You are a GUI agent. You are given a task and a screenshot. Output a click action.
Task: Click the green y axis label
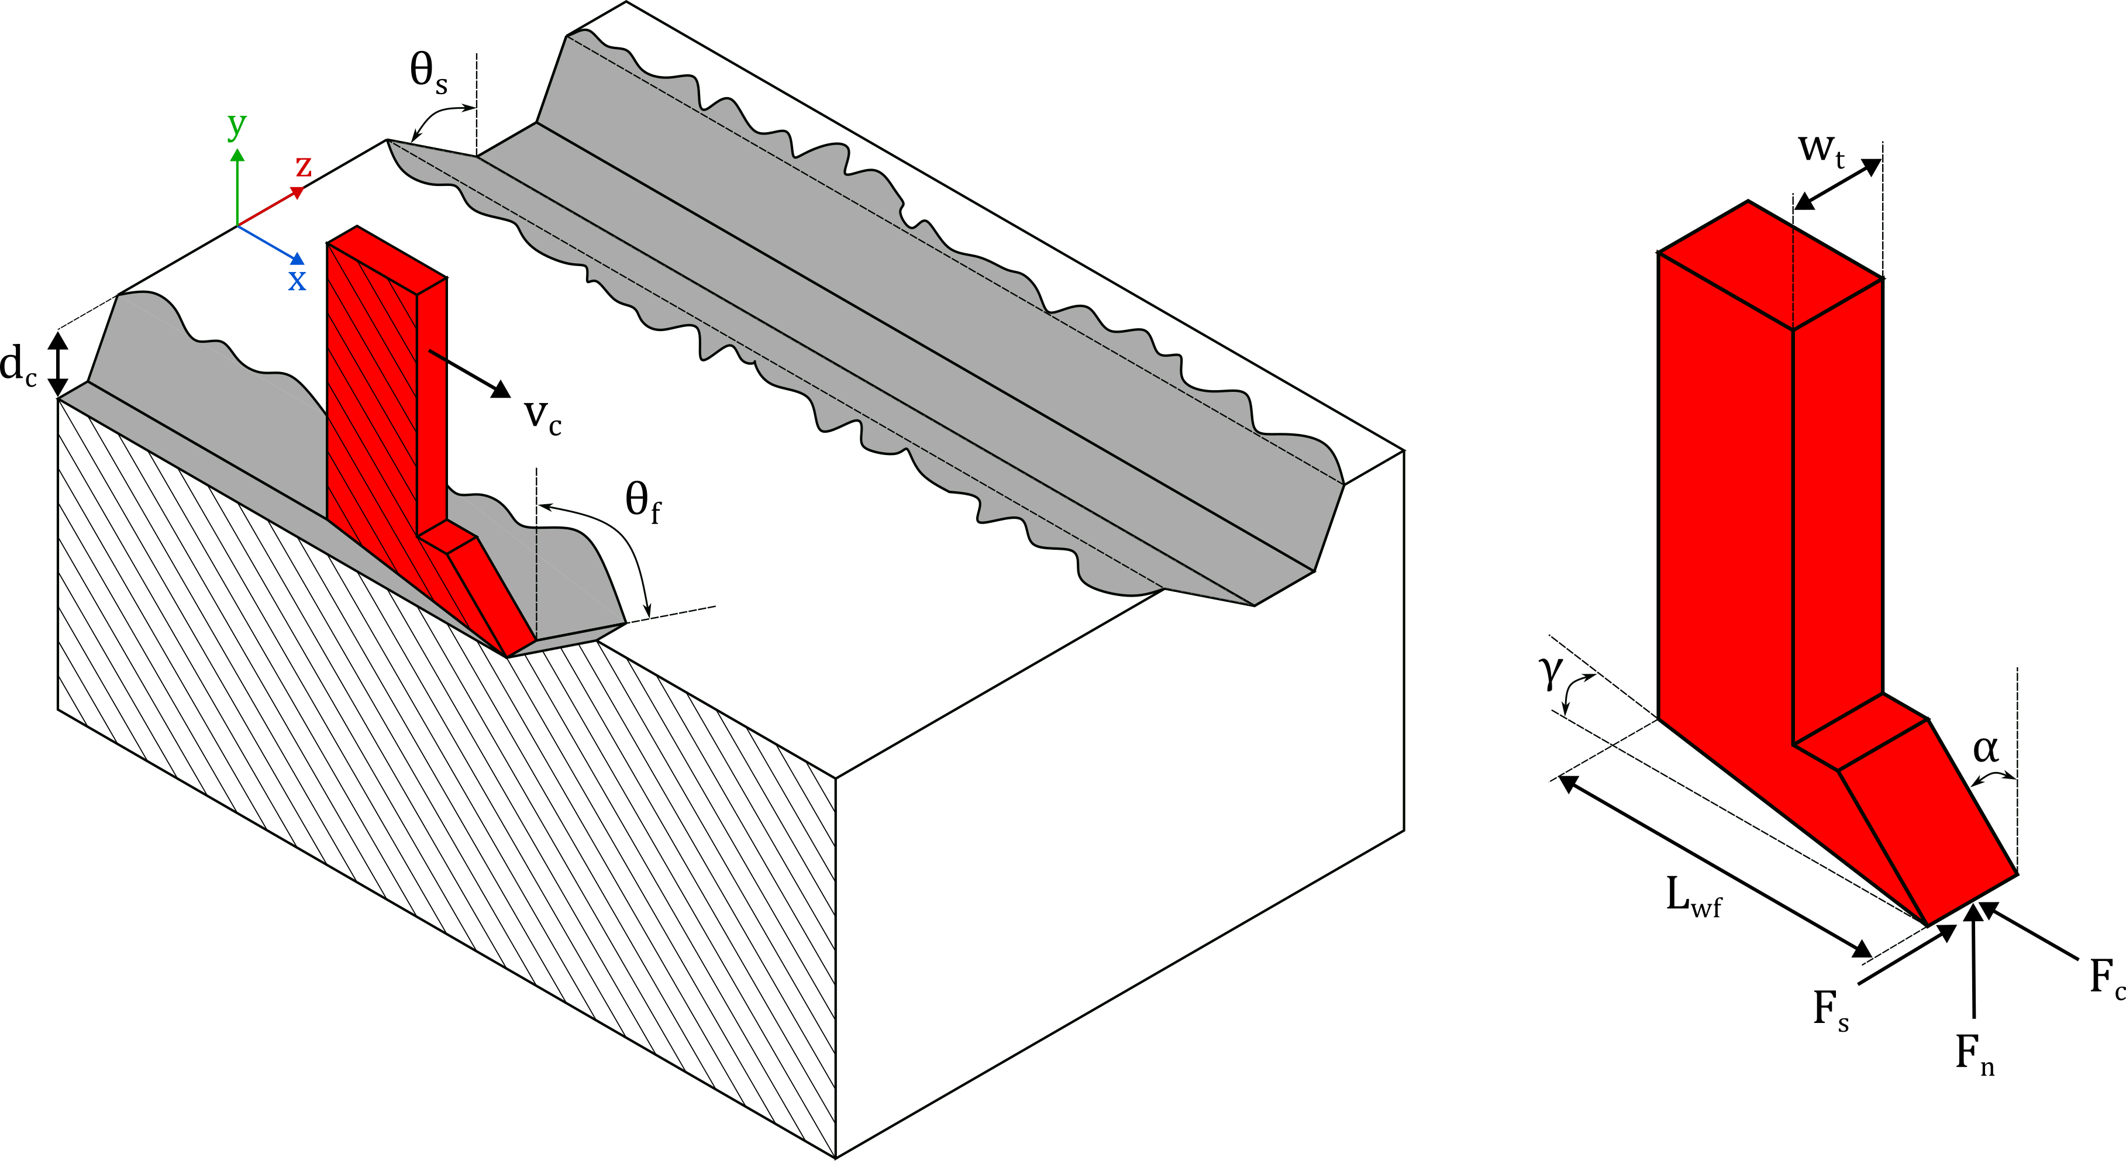click(x=237, y=125)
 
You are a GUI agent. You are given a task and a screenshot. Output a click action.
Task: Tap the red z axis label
click(x=304, y=167)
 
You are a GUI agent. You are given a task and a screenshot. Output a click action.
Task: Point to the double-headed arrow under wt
click(x=1838, y=184)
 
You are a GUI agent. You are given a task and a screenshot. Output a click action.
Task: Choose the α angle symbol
click(x=1986, y=749)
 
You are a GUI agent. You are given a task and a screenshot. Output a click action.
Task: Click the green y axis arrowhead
click(x=237, y=155)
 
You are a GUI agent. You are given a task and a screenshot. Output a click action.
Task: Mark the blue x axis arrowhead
click(x=298, y=260)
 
